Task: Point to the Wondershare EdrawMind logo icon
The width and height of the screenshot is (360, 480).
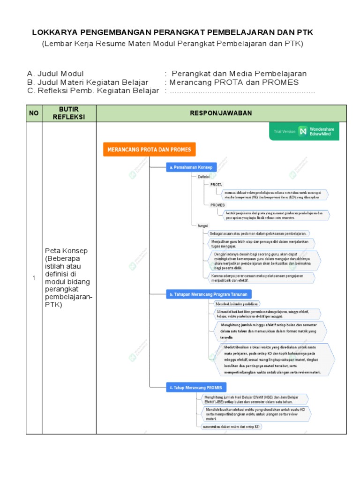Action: tap(303, 131)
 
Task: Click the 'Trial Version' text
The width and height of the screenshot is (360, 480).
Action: tap(285, 131)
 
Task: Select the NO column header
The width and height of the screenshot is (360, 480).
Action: tap(34, 113)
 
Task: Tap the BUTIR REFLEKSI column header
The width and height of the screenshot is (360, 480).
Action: tap(69, 113)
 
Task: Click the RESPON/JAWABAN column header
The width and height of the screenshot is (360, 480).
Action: tap(221, 113)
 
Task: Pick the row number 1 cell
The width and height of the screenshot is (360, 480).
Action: tap(34, 278)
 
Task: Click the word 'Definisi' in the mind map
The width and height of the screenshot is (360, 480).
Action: tap(203, 177)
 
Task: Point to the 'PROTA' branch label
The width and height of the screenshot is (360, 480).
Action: tap(216, 185)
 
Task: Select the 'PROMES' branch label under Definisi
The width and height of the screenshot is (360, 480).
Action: tap(217, 205)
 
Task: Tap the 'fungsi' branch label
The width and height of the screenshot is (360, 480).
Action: tap(202, 225)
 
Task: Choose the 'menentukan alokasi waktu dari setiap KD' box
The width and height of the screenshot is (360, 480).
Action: tap(231, 427)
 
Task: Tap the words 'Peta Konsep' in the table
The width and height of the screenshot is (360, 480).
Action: tap(66, 251)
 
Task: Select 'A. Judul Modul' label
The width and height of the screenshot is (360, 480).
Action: tap(55, 74)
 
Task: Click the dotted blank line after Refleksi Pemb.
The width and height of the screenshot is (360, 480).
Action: tap(242, 91)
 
